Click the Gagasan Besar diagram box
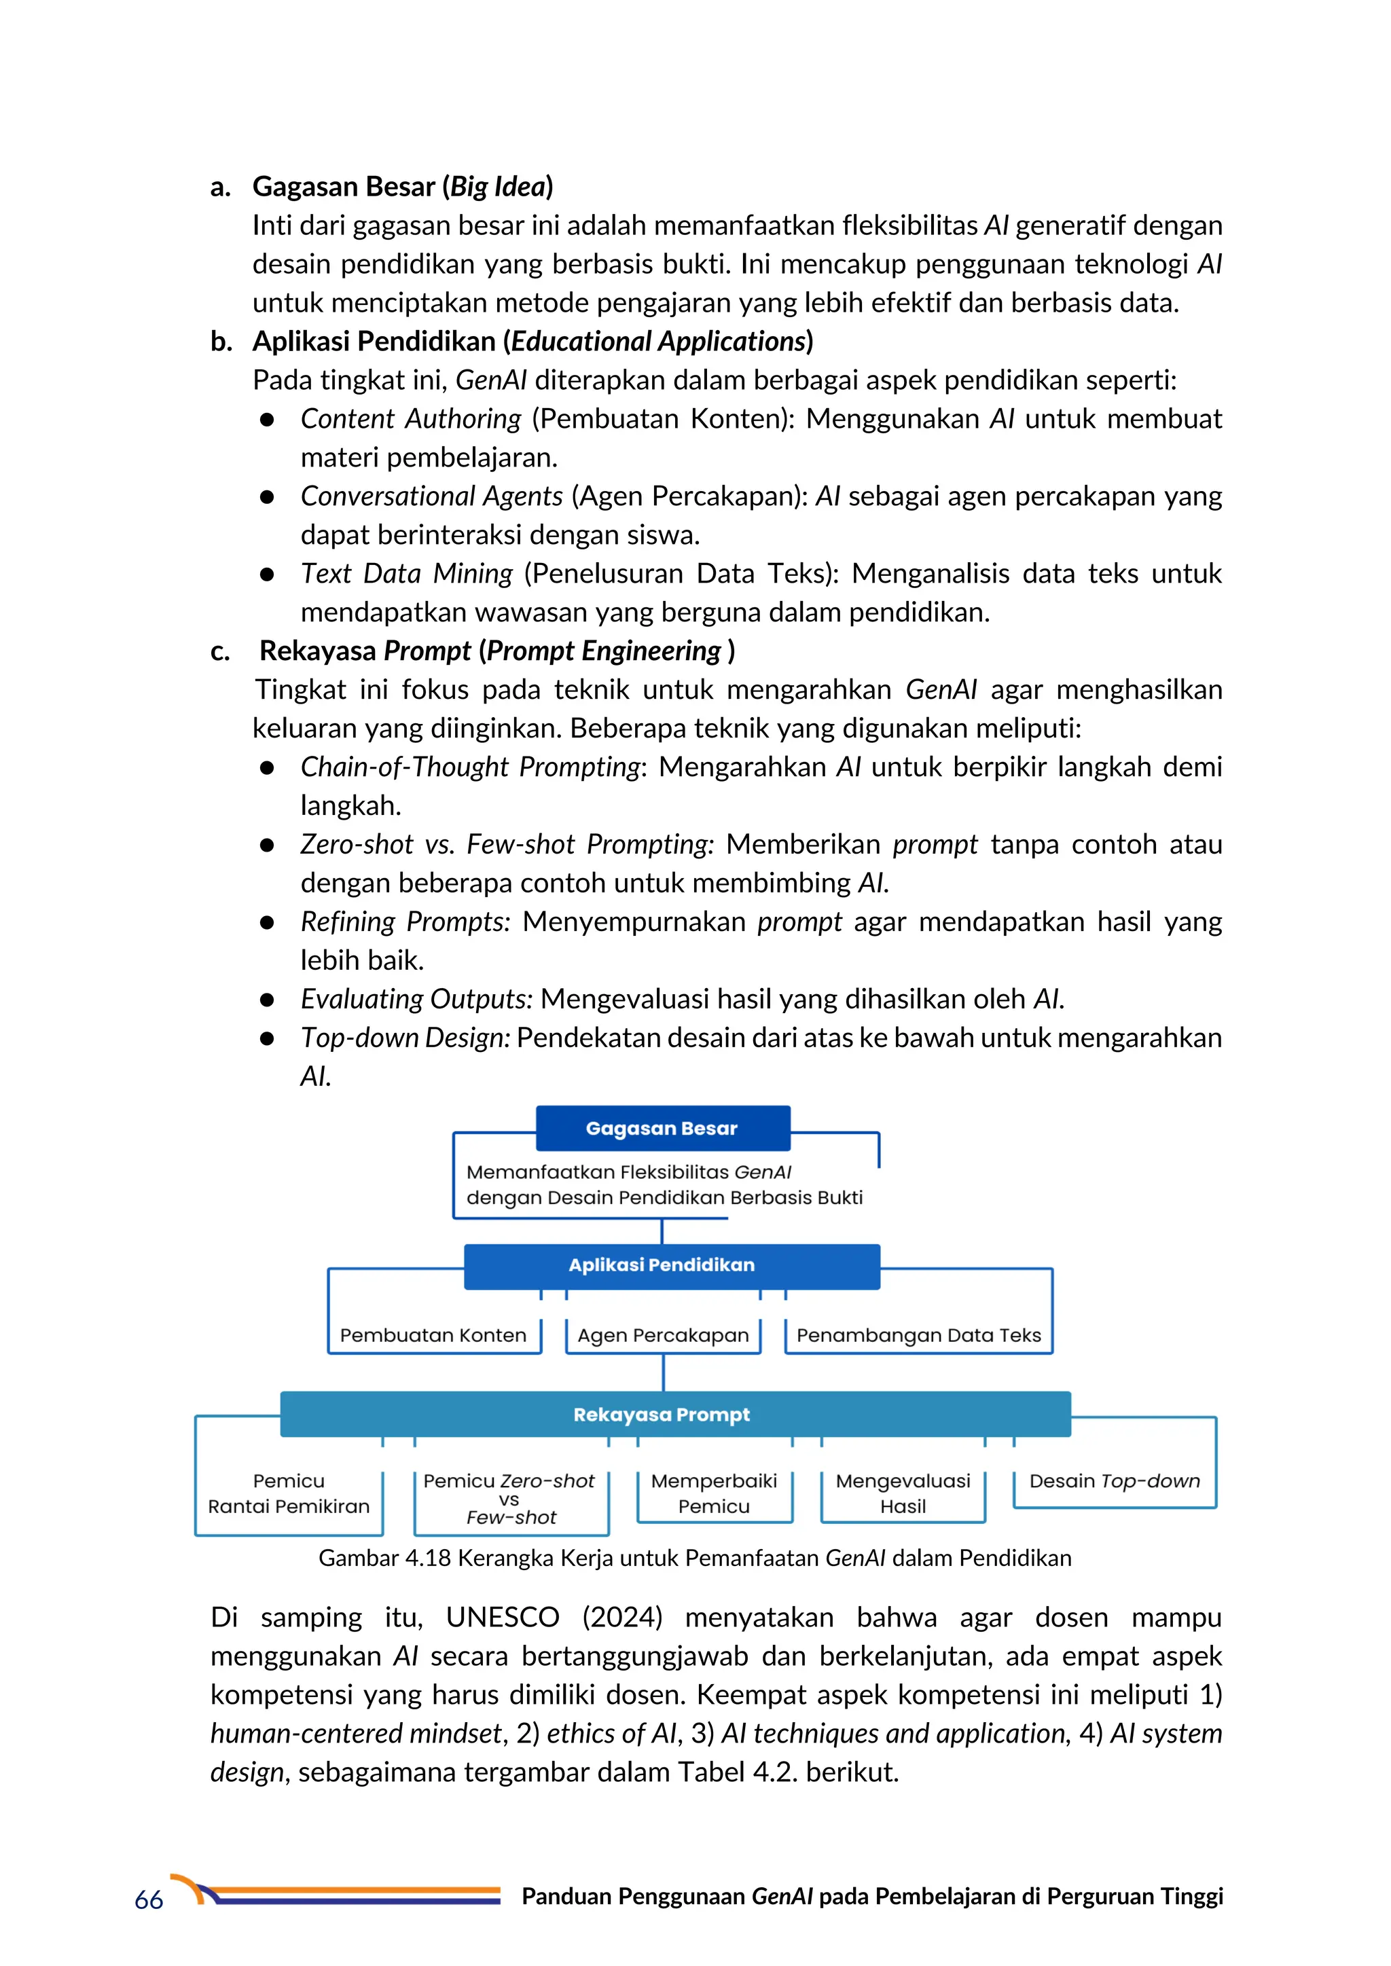pos(662,1128)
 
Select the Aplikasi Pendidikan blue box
pos(672,1266)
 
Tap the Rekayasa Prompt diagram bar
pos(675,1415)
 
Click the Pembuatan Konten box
pos(433,1335)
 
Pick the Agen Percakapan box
pos(663,1335)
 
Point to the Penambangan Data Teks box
pos(918,1335)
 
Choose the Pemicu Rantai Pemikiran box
pos(289,1494)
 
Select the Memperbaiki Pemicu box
pos(715,1493)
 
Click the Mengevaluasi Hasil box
pos(903,1493)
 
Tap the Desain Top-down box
pos(1115,1481)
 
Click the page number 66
pos(149,1901)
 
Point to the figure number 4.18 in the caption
pos(427,1559)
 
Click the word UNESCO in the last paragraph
pos(502,1618)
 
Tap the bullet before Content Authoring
pos(267,420)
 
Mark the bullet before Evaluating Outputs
pos(267,1000)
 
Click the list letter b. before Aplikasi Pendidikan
pos(221,342)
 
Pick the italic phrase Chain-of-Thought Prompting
pos(470,767)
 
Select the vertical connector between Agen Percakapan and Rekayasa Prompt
pos(664,1372)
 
